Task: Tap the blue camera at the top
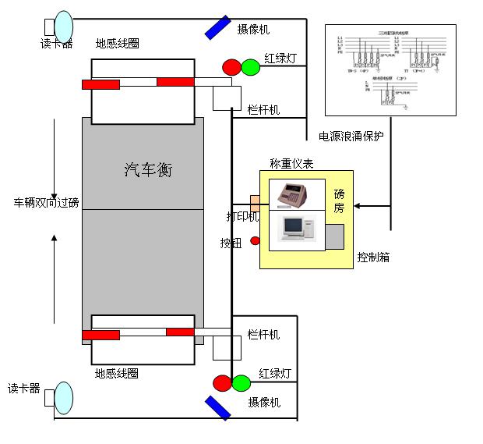217,27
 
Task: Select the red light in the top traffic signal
231,67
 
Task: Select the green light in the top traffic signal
250,67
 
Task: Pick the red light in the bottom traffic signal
223,383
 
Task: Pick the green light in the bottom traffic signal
241,383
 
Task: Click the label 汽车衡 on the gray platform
148,170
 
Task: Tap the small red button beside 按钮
255,241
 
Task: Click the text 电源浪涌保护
351,136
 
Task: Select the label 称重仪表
291,163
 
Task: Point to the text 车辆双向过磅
47,203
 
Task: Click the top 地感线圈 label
118,44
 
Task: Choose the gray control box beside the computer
335,236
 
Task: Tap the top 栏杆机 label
263,110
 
